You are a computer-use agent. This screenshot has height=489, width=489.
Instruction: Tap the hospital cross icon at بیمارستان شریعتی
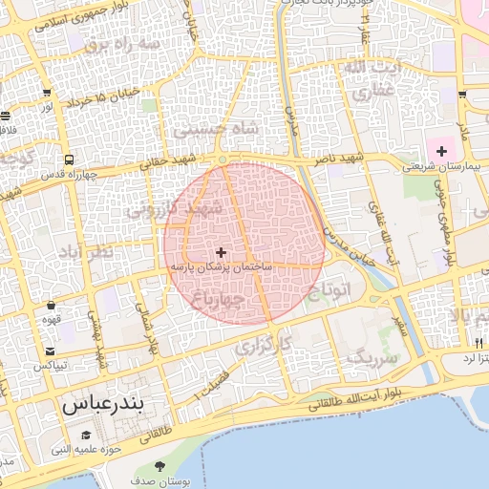click(441, 151)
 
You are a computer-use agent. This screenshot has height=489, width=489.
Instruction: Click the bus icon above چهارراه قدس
click(70, 159)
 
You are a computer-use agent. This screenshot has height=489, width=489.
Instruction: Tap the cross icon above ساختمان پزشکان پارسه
click(222, 253)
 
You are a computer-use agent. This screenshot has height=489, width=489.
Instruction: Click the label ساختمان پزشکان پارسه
click(221, 268)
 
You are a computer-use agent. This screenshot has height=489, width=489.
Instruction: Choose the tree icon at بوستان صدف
click(159, 467)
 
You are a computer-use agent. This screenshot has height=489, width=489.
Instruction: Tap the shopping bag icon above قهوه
click(51, 306)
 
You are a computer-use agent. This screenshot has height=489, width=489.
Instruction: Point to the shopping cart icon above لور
click(46, 93)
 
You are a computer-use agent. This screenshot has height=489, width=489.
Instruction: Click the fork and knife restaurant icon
click(478, 343)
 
